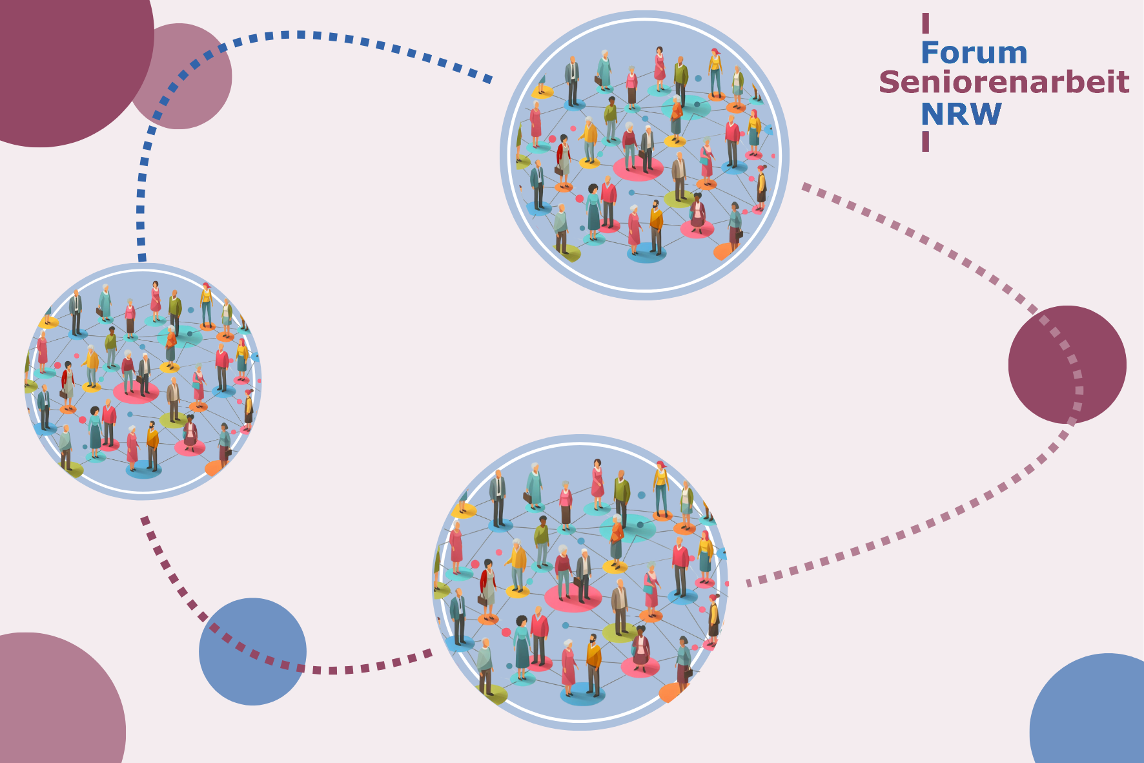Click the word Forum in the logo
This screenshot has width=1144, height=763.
point(974,53)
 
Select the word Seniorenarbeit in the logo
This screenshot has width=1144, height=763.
point(1004,83)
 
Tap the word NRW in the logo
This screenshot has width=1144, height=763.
point(961,114)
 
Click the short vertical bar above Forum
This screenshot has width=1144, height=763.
point(925,23)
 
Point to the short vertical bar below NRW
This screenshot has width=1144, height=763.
point(925,141)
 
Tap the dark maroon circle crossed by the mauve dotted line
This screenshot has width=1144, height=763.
point(1067,365)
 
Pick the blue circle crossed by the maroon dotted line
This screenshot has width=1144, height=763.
point(252,651)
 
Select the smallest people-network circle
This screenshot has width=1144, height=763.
point(143,381)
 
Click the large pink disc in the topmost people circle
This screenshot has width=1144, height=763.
point(638,168)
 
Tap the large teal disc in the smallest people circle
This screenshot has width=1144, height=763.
point(179,336)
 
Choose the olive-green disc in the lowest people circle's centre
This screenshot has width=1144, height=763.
point(622,632)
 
